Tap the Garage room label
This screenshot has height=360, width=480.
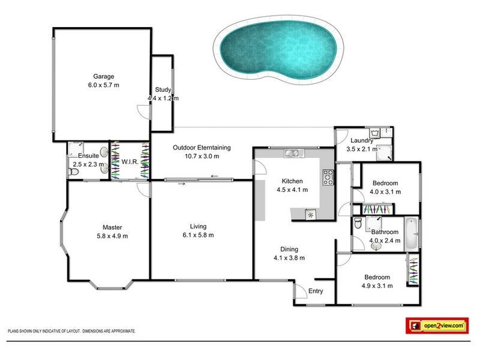[103, 76]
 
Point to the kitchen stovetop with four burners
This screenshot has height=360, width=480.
[328, 176]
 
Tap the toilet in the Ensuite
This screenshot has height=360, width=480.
[73, 173]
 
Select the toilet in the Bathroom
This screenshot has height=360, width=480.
[358, 223]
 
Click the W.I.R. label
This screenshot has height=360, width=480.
[130, 162]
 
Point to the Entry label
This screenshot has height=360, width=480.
[316, 292]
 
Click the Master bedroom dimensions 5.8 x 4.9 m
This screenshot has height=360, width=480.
[112, 236]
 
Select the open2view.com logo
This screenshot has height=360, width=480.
[437, 325]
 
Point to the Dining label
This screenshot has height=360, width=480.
[289, 250]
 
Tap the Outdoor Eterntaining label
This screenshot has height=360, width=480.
[202, 148]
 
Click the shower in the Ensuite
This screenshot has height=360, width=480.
[76, 148]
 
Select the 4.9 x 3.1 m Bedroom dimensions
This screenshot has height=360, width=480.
[378, 286]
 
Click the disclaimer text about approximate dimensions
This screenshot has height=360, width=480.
[71, 331]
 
